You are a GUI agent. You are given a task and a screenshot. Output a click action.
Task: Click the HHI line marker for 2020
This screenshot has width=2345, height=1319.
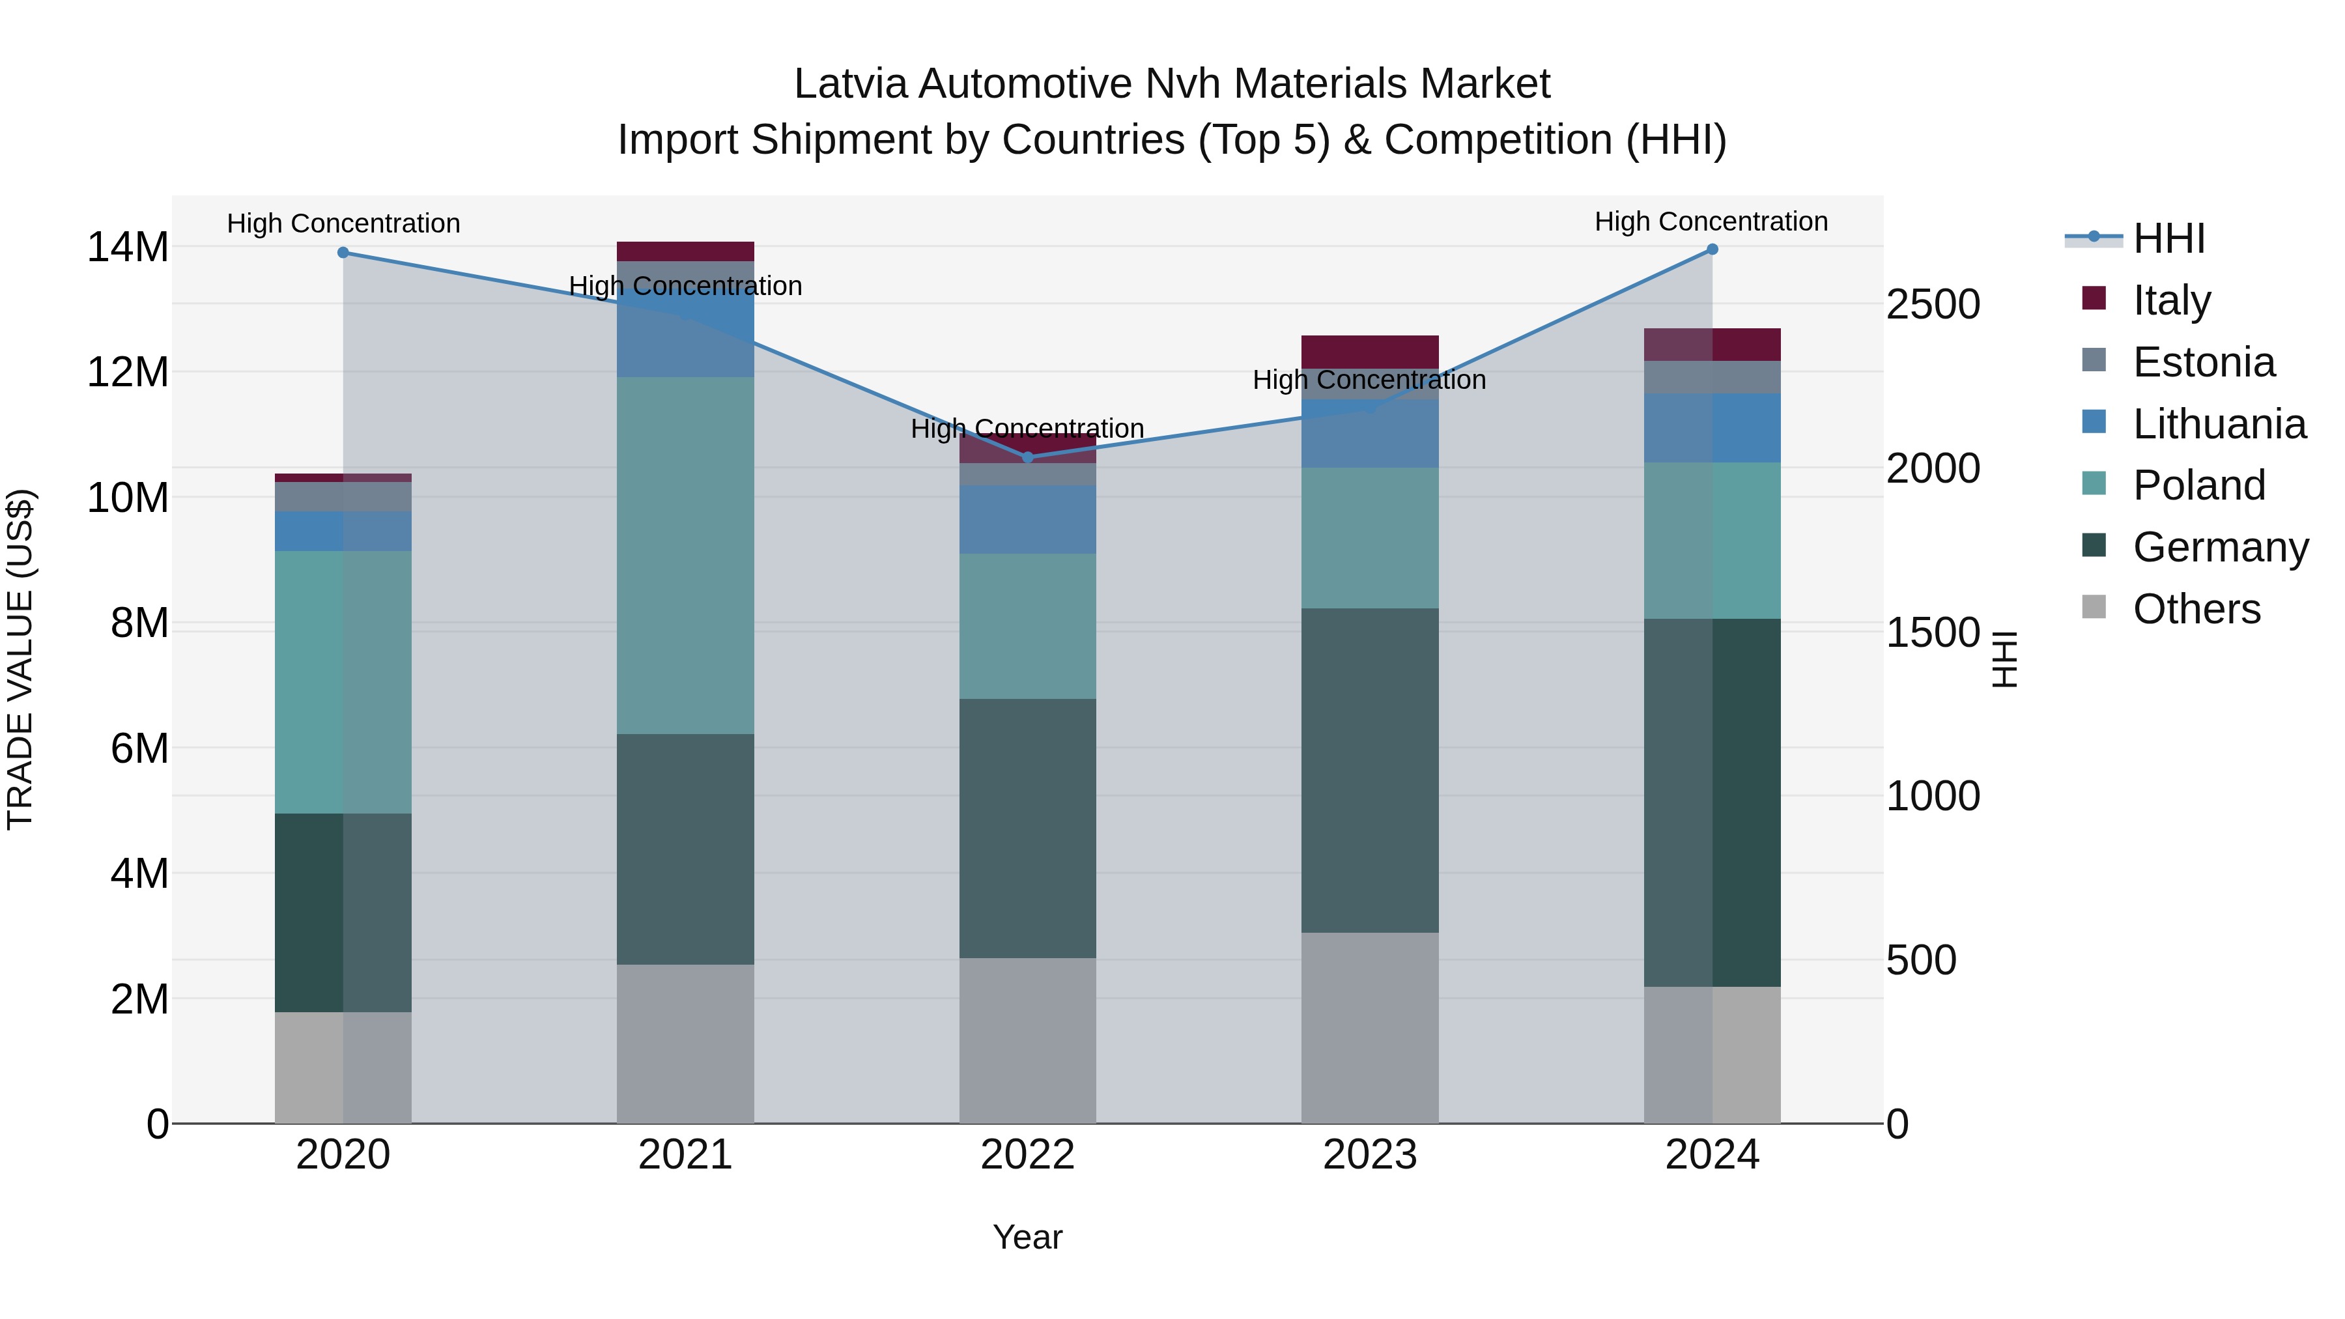[x=343, y=252]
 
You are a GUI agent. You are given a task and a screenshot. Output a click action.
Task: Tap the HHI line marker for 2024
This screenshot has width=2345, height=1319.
[x=1713, y=249]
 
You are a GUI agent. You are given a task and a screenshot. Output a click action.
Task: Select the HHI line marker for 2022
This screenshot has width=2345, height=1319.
[x=1028, y=457]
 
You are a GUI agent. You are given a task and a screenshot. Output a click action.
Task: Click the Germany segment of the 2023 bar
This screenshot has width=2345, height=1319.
[x=1369, y=769]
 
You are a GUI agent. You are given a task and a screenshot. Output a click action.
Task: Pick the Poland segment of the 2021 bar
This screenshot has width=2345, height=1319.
[x=685, y=555]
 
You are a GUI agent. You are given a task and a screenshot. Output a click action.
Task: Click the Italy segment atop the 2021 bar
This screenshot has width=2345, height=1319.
[x=685, y=251]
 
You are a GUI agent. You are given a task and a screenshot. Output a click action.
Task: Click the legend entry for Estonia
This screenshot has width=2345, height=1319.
[x=2203, y=362]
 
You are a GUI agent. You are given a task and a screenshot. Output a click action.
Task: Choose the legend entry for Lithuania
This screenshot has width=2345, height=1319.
[x=2219, y=424]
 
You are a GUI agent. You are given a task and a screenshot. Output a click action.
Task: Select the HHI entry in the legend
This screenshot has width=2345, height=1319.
[x=2168, y=238]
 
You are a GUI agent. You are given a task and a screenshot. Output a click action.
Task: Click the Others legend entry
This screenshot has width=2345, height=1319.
[x=2196, y=609]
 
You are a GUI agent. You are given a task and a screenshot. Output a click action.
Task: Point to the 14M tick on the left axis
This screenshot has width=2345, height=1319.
[x=128, y=247]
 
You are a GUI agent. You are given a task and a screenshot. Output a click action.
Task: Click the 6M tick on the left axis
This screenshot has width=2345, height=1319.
[x=138, y=748]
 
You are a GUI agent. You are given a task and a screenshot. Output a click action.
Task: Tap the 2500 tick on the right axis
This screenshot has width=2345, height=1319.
[x=1933, y=304]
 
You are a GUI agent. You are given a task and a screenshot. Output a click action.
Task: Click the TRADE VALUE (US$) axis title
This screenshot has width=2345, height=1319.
[x=20, y=659]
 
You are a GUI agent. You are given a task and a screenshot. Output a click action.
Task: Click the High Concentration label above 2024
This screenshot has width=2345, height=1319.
[x=1711, y=221]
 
